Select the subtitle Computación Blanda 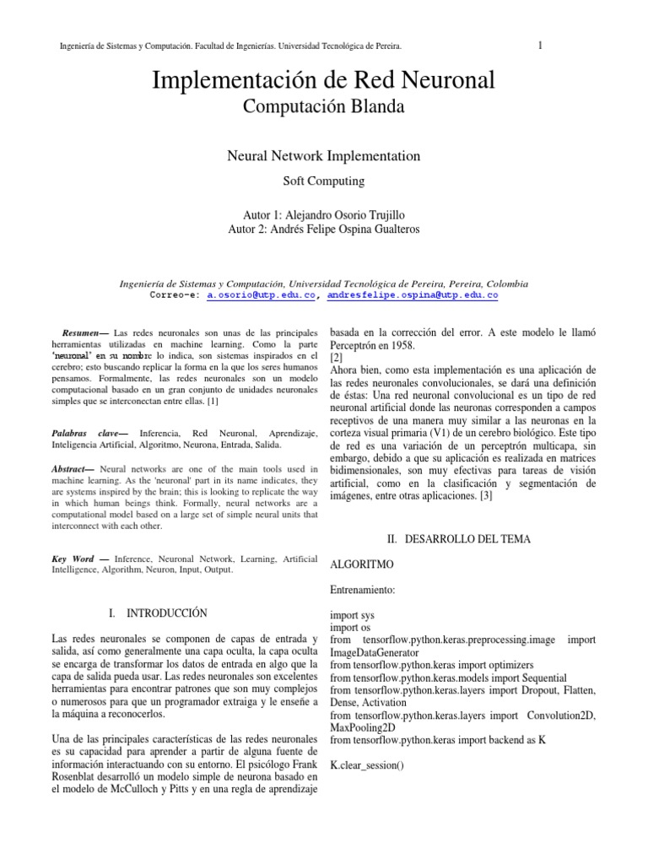coord(323,106)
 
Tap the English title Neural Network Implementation coord(324,156)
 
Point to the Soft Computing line coord(323,181)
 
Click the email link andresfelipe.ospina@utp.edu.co coord(413,296)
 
